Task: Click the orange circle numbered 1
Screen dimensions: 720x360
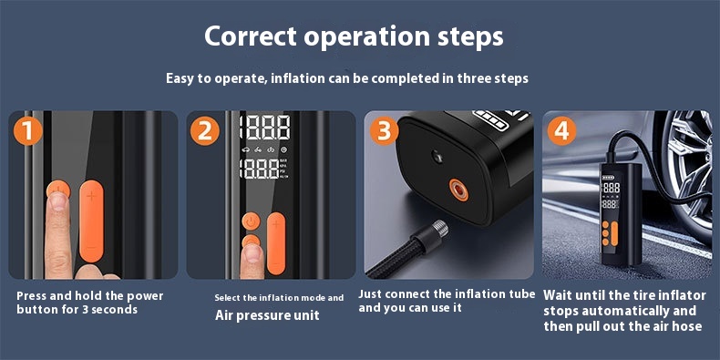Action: pos(28,131)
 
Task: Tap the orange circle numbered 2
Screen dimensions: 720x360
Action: pos(205,131)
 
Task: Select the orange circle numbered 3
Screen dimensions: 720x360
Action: pos(384,131)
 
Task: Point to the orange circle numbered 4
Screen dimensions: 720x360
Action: pos(561,131)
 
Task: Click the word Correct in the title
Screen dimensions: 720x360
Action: pos(250,36)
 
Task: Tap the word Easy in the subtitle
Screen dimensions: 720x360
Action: pos(181,78)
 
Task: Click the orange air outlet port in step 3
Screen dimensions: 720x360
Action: pos(458,190)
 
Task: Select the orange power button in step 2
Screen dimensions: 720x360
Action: pos(251,221)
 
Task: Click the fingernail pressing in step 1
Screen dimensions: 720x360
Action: pos(58,201)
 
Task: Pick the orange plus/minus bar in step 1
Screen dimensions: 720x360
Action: pos(91,221)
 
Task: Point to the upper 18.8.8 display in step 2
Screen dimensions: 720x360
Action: pos(265,127)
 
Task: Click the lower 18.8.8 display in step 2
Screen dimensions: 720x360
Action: pos(260,169)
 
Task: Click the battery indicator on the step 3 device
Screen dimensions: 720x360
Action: pos(492,118)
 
